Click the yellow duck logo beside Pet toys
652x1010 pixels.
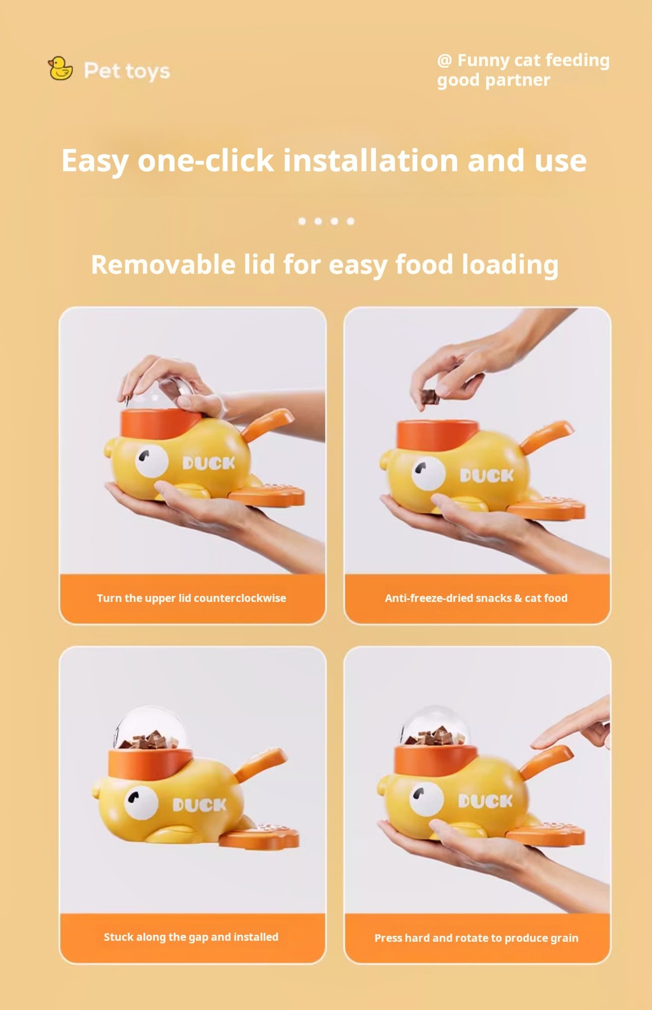click(x=60, y=69)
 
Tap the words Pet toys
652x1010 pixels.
click(x=127, y=71)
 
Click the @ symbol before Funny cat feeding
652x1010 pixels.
click(x=444, y=61)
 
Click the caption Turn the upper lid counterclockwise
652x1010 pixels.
click(x=191, y=598)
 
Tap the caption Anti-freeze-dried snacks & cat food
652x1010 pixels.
click(x=476, y=598)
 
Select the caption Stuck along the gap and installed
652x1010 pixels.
click(x=191, y=937)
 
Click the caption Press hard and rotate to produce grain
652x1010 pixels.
click(x=476, y=938)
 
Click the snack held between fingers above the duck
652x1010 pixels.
click(x=429, y=397)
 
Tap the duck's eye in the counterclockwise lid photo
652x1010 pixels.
click(x=151, y=461)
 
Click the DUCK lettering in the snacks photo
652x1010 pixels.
click(x=486, y=475)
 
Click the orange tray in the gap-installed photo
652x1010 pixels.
click(x=259, y=836)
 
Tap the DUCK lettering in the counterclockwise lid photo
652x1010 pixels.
click(x=208, y=463)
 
